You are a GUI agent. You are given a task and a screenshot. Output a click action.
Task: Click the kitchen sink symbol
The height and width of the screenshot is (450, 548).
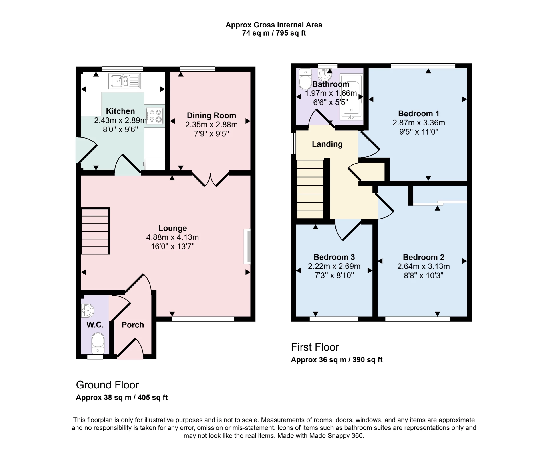point(125,81)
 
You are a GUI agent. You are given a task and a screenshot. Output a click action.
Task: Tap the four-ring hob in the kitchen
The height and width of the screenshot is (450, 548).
point(155,116)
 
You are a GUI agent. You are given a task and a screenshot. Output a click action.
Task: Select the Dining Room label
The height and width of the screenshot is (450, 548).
point(211,115)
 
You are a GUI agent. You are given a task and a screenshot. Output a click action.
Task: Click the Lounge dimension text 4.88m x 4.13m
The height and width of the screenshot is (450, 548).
point(172,237)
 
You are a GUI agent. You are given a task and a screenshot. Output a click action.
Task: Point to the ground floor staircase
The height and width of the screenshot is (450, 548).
point(96,231)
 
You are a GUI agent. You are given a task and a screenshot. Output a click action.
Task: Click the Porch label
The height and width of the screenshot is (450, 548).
point(133,325)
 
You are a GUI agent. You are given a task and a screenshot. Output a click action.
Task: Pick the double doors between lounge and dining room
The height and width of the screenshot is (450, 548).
point(210,180)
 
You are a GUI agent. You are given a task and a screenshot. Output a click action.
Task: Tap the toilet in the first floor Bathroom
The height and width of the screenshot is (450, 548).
point(305,80)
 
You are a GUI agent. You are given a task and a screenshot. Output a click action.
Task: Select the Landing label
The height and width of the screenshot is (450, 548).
point(327,144)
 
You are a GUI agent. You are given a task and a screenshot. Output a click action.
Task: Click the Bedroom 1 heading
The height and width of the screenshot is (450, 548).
point(418,113)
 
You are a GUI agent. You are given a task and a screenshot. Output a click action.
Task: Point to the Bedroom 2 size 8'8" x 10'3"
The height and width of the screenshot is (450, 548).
point(423,275)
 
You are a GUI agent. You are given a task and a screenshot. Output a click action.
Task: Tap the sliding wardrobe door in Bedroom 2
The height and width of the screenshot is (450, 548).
point(440,203)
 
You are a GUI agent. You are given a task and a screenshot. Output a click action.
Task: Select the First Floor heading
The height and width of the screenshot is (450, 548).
point(315,347)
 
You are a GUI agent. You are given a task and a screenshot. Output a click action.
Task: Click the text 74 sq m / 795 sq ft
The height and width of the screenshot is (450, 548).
point(274,33)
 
